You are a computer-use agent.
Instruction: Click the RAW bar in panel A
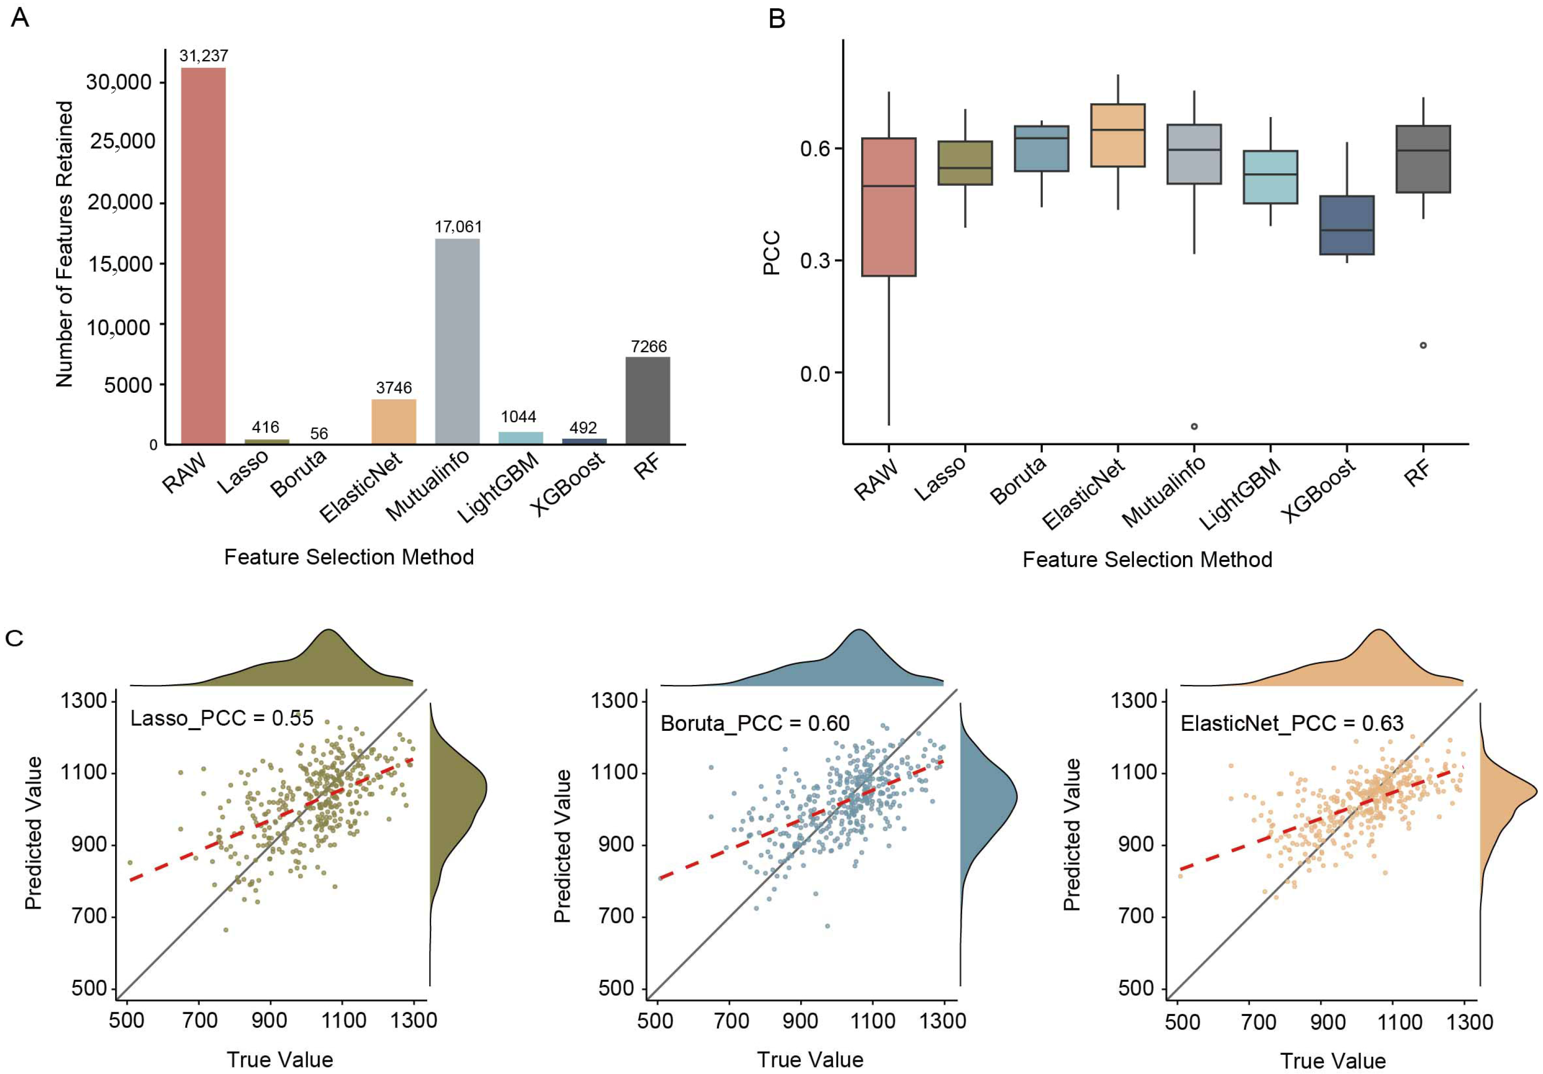tap(203, 256)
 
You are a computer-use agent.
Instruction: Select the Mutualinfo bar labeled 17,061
tap(457, 341)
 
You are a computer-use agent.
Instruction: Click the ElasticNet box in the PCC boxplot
tap(1118, 135)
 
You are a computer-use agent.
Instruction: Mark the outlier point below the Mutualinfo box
tap(1194, 426)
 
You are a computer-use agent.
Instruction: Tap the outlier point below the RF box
tap(1423, 346)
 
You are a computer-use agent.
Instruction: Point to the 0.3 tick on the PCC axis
tap(814, 261)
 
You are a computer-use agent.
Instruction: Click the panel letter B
tap(776, 19)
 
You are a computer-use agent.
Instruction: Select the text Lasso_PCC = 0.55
tap(222, 719)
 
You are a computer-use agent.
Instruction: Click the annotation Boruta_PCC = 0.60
tap(755, 723)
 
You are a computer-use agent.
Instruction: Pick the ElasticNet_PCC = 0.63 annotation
tap(1292, 723)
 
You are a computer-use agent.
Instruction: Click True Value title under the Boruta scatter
tap(810, 1060)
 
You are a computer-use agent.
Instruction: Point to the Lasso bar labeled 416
tap(266, 441)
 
